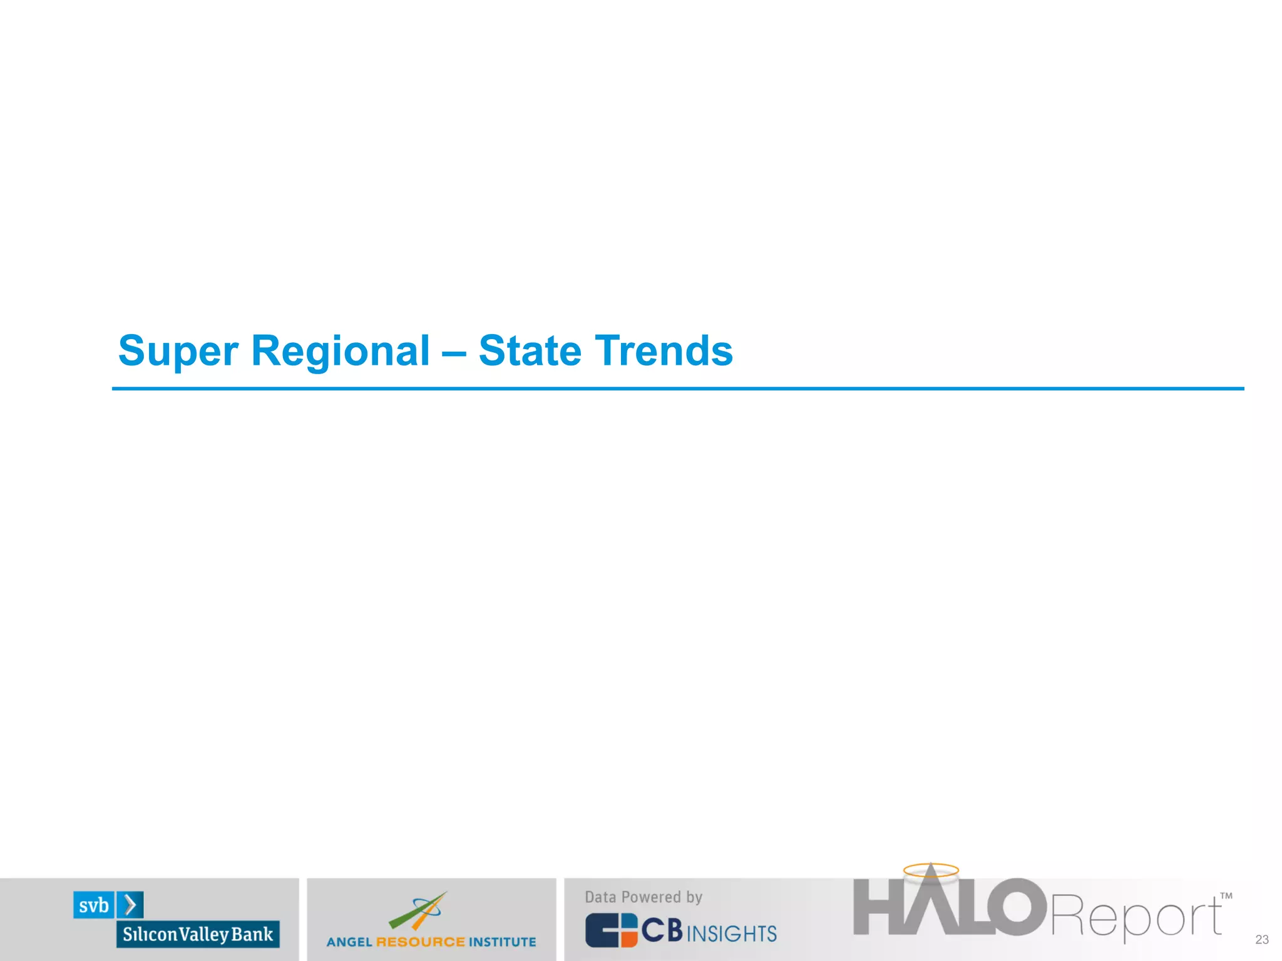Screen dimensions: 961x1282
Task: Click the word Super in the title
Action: [178, 352]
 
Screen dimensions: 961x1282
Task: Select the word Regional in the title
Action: [340, 352]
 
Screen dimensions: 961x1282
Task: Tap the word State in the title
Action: [530, 350]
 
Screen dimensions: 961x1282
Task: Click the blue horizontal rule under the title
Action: [677, 389]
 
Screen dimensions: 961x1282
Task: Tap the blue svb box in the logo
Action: [94, 905]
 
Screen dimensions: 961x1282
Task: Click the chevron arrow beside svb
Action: [130, 905]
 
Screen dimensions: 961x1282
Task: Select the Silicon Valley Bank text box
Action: [198, 934]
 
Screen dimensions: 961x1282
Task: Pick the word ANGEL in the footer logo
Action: [349, 942]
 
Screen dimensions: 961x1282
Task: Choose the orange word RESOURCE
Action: [421, 942]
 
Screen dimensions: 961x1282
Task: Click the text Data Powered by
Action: [644, 897]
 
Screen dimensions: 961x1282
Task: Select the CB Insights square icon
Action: [611, 930]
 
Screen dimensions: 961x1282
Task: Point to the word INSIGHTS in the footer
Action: [732, 933]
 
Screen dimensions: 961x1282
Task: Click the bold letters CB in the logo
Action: [662, 930]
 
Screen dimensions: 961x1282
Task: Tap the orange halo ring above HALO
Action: [931, 870]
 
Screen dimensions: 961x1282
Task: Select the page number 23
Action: [1261, 940]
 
